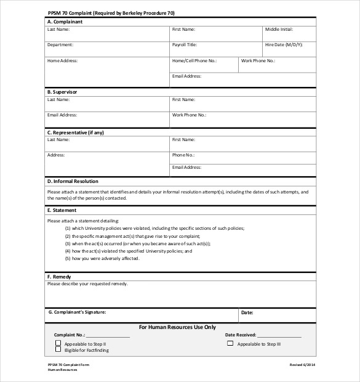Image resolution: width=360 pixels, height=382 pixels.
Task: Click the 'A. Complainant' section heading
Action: (65, 22)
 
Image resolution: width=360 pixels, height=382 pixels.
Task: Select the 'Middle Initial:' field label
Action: (279, 30)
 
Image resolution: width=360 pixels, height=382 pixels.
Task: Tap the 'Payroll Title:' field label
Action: (185, 45)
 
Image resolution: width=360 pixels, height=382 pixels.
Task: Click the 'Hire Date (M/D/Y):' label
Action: (284, 45)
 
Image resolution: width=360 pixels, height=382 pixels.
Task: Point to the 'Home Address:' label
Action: (63, 61)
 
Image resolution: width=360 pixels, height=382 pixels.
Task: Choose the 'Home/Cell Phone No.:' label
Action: (194, 61)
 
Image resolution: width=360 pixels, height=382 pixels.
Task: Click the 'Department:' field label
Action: (60, 45)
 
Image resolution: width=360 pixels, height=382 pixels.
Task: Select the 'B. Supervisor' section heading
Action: (62, 92)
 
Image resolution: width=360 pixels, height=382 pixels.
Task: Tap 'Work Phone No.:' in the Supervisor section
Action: (189, 115)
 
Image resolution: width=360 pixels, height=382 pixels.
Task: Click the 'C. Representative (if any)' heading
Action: (76, 132)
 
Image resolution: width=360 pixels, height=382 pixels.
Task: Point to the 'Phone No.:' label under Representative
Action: (183, 155)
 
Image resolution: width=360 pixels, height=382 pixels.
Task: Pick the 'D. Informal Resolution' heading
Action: (73, 182)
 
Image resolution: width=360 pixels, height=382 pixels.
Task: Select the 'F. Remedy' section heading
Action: (59, 277)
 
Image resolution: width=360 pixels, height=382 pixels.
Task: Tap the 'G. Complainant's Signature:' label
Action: (78, 312)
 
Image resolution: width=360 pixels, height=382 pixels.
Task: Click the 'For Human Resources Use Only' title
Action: (177, 327)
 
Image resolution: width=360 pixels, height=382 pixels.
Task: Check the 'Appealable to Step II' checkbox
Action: (58, 343)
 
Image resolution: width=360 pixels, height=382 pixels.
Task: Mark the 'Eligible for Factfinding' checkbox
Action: (58, 349)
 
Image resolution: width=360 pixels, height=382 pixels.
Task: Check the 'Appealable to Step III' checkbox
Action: (230, 343)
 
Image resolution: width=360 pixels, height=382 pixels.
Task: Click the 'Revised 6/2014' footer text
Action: (302, 365)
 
